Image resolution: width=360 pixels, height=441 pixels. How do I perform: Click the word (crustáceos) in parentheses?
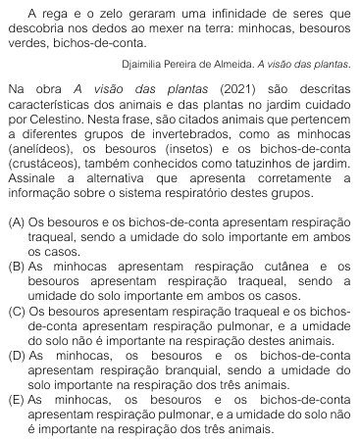pyautogui.click(x=42, y=167)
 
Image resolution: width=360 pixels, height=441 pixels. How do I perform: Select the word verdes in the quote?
pyautogui.click(x=24, y=40)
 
